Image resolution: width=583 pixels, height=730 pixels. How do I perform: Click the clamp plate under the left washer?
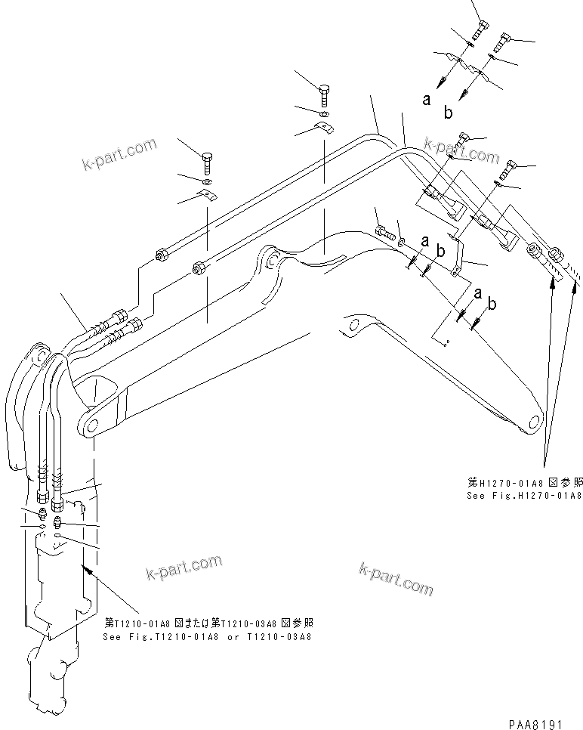pos(206,198)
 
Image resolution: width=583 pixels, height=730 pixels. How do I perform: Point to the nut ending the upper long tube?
pos(161,255)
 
